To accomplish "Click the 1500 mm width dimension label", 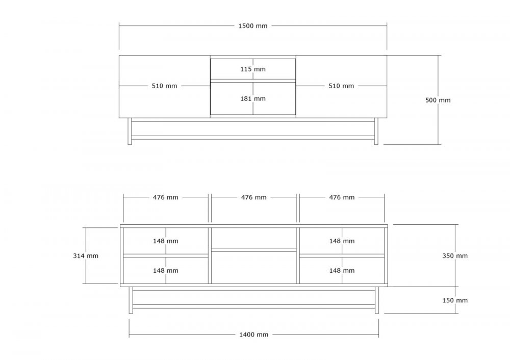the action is [253, 26].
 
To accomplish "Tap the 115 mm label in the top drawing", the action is [253, 69].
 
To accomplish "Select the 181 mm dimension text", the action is [253, 98].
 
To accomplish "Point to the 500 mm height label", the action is [438, 100].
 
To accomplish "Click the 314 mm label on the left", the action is [86, 256].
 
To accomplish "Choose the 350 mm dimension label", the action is [455, 256].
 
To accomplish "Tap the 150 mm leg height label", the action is [455, 300].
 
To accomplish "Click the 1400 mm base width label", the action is [253, 335].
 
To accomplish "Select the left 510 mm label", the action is [165, 86].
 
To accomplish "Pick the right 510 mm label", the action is [341, 86].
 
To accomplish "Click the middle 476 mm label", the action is [253, 197].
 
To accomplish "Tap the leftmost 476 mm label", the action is [166, 197].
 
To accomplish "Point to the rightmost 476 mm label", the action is [342, 197].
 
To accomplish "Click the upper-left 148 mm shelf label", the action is [166, 241].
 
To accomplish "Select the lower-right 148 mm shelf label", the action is [342, 271].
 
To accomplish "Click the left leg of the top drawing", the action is [130, 131].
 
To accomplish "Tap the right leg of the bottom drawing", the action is [377, 300].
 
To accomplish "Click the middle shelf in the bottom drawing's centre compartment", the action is [253, 250].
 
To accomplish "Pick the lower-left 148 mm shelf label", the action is [166, 271].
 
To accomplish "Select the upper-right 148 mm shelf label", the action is [342, 241].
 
